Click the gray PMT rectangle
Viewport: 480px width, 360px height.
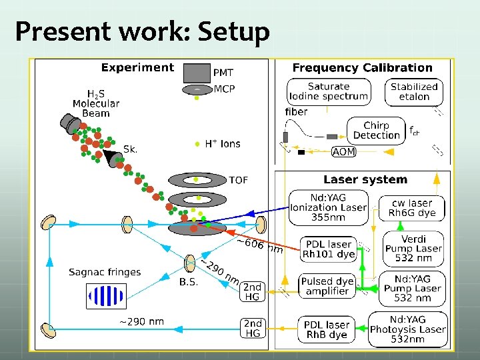[197, 73]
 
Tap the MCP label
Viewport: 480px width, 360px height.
[225, 89]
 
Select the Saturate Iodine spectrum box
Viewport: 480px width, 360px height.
[329, 92]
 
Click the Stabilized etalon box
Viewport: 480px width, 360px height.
[414, 92]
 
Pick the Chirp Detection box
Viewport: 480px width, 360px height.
[376, 131]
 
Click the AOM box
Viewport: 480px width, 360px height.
[344, 151]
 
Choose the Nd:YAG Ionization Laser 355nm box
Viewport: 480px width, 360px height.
[329, 207]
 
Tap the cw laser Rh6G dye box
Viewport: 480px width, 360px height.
[412, 208]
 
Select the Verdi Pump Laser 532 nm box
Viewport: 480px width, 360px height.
[413, 249]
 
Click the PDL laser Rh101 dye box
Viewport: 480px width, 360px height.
[329, 249]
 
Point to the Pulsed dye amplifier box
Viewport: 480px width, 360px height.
[327, 286]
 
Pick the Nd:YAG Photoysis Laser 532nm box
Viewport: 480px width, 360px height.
[408, 329]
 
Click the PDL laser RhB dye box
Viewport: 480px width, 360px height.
[326, 329]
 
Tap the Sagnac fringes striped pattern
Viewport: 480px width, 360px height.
[106, 296]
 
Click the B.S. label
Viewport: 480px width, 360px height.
[189, 281]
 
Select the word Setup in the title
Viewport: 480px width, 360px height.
[233, 31]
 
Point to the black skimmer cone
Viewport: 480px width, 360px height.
[109, 157]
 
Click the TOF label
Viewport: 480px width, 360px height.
[239, 180]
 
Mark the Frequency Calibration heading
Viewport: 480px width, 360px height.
[363, 67]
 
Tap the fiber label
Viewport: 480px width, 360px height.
[296, 112]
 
